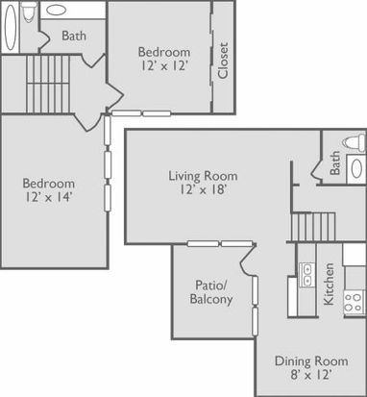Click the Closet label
(x=223, y=61)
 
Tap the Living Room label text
(x=203, y=176)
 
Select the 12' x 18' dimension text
(x=203, y=190)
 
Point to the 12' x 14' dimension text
(x=48, y=197)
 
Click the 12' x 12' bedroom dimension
(x=164, y=65)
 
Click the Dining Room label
(x=311, y=361)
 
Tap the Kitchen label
(x=329, y=284)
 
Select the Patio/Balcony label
(x=211, y=292)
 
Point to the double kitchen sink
(x=306, y=275)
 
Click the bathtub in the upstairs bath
(x=11, y=27)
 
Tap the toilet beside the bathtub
(x=29, y=12)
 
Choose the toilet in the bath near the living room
(x=354, y=142)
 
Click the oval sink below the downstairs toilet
(x=356, y=168)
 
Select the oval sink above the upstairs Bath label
(x=57, y=11)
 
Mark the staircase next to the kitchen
(x=313, y=227)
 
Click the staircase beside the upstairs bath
(x=48, y=85)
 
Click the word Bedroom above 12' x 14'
(x=49, y=184)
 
